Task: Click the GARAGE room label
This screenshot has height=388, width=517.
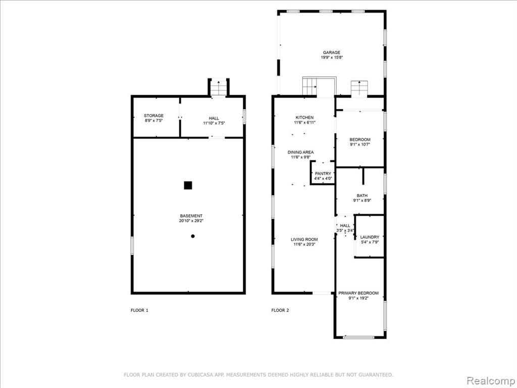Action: pos(331,53)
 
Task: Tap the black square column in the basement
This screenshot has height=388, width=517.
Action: pos(188,185)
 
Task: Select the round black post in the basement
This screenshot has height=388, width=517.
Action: pos(193,236)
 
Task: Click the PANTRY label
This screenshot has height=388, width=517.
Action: pos(323,174)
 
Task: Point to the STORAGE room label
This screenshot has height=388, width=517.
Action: pos(153,116)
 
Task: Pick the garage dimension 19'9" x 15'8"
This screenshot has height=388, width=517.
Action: pos(332,58)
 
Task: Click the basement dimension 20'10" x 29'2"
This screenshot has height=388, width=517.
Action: pos(191,221)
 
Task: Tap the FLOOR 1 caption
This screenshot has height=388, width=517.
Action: pos(139,310)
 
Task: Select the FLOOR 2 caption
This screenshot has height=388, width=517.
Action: pos(280,310)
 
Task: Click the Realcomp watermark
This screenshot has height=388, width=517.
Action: pos(490,380)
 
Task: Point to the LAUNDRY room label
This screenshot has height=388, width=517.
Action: pos(370,237)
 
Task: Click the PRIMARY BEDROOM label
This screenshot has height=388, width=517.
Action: pos(358,293)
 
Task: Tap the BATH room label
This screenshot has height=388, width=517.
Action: pos(362,196)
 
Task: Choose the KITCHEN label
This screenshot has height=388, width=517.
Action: pos(304,117)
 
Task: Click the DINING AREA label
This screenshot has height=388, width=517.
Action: pos(301,152)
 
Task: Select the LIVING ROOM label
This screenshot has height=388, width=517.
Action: pos(304,239)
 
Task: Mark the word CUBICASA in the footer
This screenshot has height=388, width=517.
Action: pos(199,375)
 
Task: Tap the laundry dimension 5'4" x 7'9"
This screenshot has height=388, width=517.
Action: pos(370,242)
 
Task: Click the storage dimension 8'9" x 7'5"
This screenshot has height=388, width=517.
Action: pos(153,121)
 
